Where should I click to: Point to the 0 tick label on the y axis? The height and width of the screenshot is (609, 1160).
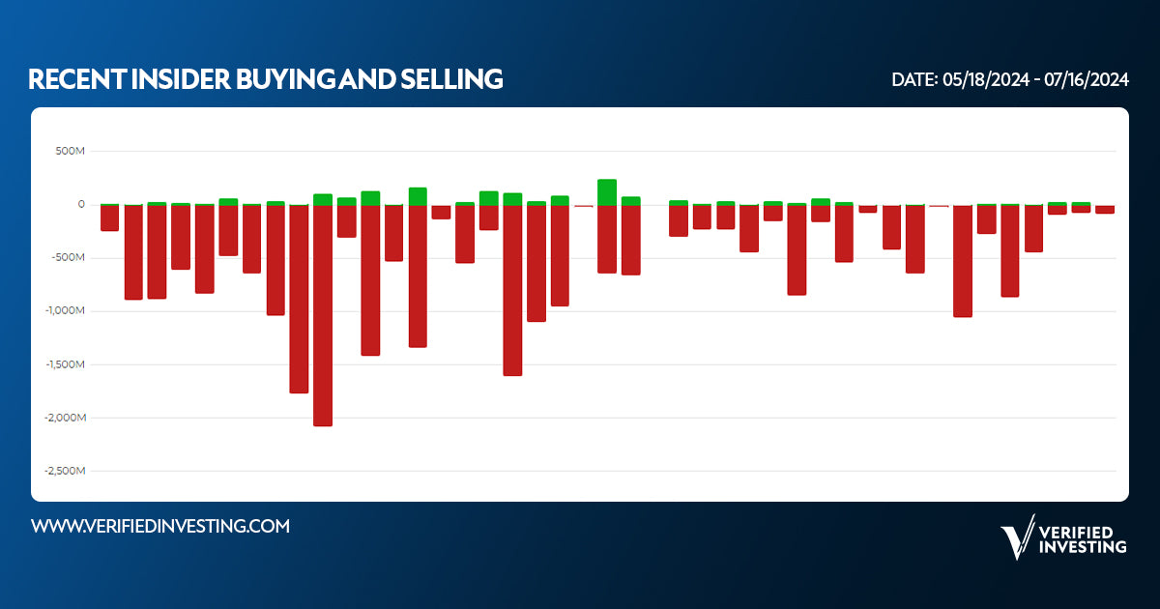pyautogui.click(x=81, y=205)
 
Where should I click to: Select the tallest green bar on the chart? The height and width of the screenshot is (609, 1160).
pyautogui.click(x=607, y=191)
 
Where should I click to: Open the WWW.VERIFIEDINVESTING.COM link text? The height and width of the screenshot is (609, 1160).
pyautogui.click(x=160, y=526)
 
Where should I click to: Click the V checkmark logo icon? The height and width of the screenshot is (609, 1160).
pyautogui.click(x=1016, y=537)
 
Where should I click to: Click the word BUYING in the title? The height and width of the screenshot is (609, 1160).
pyautogui.click(x=280, y=79)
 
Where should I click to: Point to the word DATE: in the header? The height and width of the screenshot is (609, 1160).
pyautogui.click(x=913, y=80)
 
